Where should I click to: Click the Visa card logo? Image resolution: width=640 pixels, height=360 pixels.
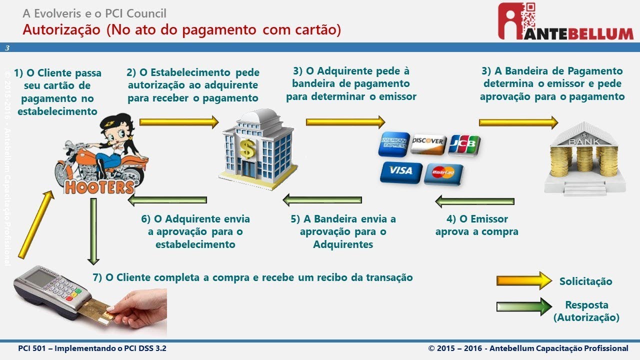[400, 171]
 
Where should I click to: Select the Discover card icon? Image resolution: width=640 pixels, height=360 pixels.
[428, 143]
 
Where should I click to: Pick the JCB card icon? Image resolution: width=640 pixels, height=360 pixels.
[464, 144]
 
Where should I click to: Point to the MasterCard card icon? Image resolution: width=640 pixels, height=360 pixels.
[443, 173]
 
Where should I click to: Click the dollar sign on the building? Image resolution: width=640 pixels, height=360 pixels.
[247, 148]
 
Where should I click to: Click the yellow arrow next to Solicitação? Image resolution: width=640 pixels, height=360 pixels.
[523, 281]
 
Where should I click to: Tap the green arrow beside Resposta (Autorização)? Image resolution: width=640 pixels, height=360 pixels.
[523, 306]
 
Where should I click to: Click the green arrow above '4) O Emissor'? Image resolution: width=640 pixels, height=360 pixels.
[474, 201]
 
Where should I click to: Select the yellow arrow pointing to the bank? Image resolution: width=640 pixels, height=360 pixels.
[518, 122]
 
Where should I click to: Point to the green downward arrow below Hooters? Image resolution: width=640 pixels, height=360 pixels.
[93, 230]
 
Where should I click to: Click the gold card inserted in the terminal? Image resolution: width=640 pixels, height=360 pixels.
[95, 309]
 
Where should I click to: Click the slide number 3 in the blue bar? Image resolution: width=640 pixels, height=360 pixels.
[7, 48]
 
